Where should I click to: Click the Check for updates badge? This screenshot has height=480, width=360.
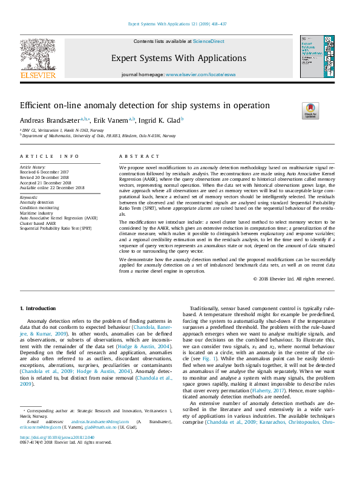click(309, 111)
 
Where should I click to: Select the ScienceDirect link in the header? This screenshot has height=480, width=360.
click(208, 41)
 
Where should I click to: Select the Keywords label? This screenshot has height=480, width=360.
click(29, 197)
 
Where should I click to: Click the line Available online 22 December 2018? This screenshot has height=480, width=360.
click(52, 188)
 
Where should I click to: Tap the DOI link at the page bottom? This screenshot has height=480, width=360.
click(58, 453)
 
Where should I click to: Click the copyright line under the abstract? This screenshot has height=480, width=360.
click(294, 279)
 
